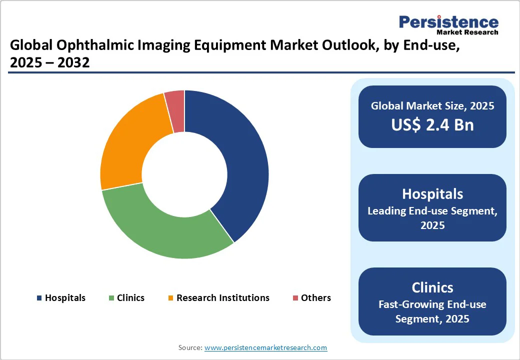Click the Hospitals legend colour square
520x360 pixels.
click(x=39, y=298)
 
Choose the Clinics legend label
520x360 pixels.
click(x=130, y=298)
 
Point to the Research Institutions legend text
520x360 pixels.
click(x=222, y=298)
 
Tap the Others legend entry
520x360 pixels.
click(x=315, y=298)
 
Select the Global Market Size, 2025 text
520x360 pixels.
click(x=432, y=106)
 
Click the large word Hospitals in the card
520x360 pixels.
click(x=432, y=193)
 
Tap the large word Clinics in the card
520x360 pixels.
click(x=432, y=287)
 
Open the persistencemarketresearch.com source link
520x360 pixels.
click(x=265, y=347)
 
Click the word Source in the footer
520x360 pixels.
click(x=190, y=347)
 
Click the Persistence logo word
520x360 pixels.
click(x=448, y=22)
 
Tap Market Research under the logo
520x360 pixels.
click(x=467, y=32)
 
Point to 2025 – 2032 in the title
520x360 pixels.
click(x=49, y=63)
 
